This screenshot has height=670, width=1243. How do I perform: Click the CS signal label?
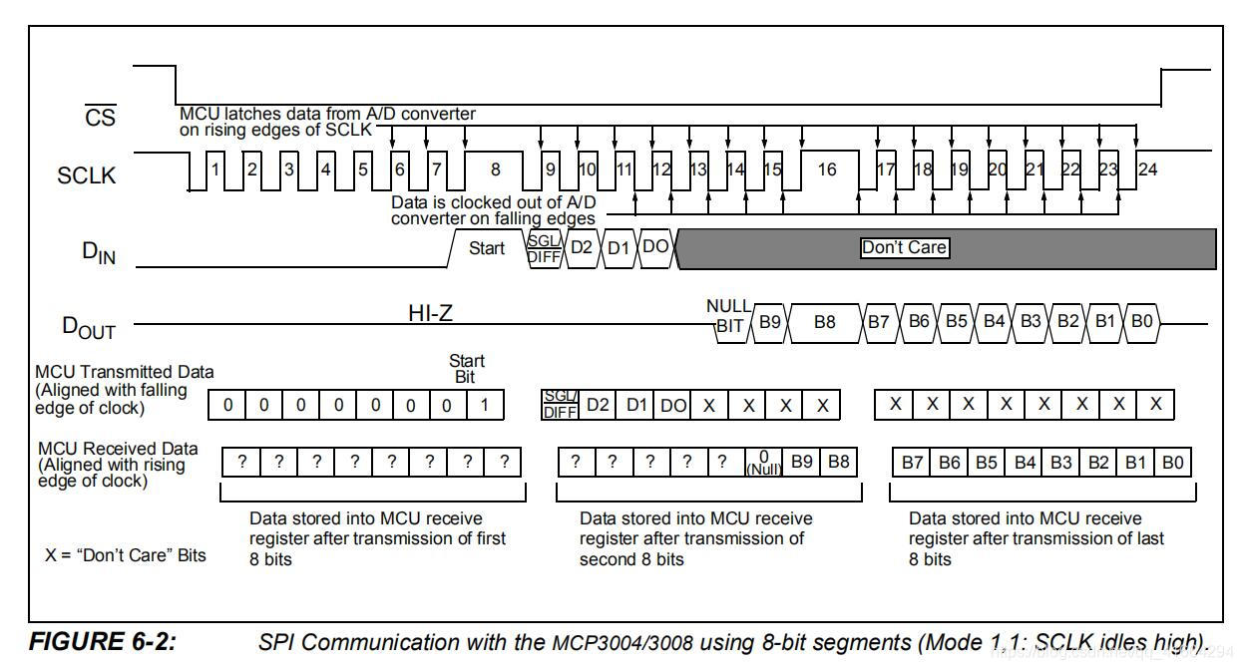point(100,118)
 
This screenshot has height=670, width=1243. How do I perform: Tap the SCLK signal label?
point(86,175)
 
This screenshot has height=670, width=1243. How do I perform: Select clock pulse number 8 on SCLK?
point(496,169)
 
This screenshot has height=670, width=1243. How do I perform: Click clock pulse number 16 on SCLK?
point(826,169)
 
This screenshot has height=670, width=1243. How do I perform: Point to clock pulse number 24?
point(1147,169)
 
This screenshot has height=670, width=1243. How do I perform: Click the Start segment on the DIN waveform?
point(487,248)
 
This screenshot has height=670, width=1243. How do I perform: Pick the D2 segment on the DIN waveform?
point(581,248)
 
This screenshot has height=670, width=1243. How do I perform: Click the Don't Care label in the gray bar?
point(904,248)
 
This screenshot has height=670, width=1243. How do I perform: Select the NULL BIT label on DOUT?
point(728,316)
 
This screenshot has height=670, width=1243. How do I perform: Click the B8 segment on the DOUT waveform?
point(824,323)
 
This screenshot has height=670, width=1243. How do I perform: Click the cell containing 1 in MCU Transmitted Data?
point(485,405)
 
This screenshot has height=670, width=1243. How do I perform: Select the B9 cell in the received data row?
point(801,463)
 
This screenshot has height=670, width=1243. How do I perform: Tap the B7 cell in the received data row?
point(912,463)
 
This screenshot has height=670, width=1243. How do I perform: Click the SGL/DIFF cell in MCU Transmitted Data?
point(560,405)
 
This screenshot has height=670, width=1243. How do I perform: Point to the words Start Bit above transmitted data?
point(466,368)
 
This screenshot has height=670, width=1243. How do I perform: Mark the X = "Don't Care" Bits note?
point(126,554)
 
